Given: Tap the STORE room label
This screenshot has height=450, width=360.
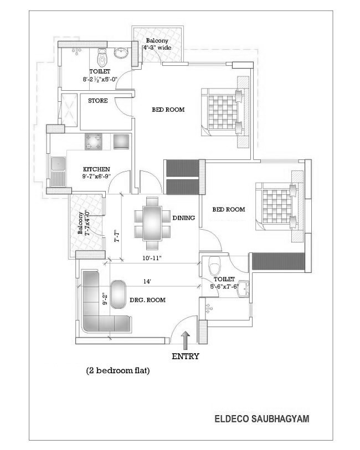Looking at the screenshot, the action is click(x=98, y=101).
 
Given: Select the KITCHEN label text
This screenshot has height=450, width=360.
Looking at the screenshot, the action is click(x=96, y=169).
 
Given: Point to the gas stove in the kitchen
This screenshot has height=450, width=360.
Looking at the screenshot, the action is click(x=93, y=142).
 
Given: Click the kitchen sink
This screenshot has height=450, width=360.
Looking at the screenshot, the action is click(x=58, y=171).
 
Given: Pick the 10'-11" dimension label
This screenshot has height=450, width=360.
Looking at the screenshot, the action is click(x=152, y=258).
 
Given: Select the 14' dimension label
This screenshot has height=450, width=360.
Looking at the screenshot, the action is click(x=147, y=282).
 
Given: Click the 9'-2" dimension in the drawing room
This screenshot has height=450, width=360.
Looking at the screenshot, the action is click(x=105, y=298).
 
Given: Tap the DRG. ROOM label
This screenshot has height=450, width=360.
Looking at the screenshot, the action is click(x=147, y=300).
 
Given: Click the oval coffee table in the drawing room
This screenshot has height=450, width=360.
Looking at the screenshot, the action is click(x=119, y=294).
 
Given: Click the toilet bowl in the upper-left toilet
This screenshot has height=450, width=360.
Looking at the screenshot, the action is click(x=102, y=57).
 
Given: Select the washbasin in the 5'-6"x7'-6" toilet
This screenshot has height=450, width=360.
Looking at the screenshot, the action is click(x=243, y=288).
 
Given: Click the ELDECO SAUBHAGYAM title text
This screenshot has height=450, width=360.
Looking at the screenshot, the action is click(x=262, y=418).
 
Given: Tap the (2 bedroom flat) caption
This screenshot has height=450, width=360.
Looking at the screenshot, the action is click(x=118, y=370).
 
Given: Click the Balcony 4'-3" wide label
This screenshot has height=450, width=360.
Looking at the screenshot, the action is click(x=157, y=44).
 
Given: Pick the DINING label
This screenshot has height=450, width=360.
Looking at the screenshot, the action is click(x=184, y=218).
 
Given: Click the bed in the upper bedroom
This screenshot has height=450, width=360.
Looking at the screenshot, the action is click(x=225, y=112).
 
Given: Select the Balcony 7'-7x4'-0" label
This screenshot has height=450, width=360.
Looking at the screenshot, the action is click(x=83, y=223).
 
